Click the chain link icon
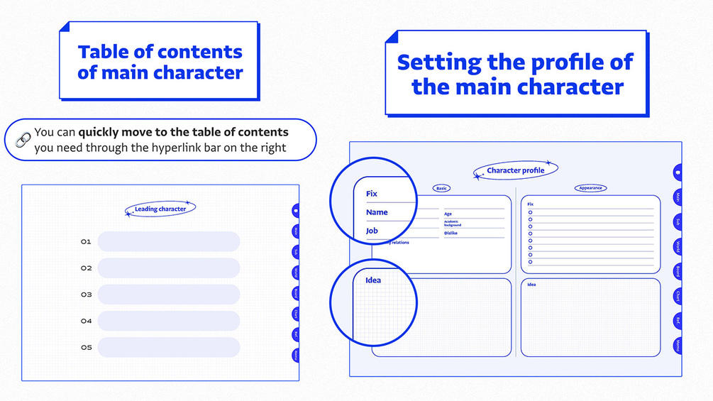click(23, 141)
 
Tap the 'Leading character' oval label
click(160, 209)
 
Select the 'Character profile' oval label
click(516, 170)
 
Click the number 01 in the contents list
click(86, 242)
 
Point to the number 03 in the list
click(86, 295)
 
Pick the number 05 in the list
click(86, 348)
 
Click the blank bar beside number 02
click(169, 268)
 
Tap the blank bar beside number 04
click(169, 321)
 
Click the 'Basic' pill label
click(441, 189)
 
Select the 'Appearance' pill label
click(590, 188)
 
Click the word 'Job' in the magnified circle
click(372, 231)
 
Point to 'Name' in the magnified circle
click(377, 212)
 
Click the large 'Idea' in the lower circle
click(373, 280)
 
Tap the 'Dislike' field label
click(451, 233)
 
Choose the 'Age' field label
click(448, 214)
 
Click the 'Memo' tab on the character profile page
click(678, 346)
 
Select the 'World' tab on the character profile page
click(678, 247)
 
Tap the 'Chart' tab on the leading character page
click(295, 314)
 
